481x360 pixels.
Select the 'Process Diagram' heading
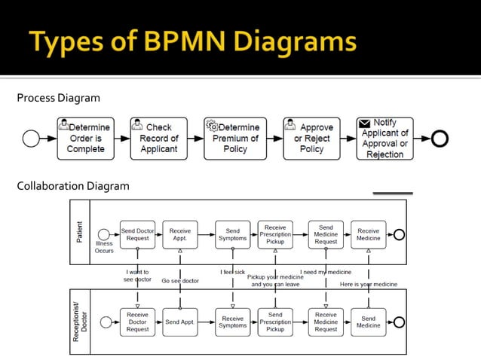click(x=58, y=98)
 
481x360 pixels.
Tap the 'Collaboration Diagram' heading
click(x=73, y=186)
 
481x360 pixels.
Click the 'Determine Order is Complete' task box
click(x=86, y=138)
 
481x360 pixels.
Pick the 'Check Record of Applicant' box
click(x=158, y=138)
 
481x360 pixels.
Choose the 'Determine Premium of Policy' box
click(x=234, y=138)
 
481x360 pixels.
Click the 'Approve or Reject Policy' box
click(x=311, y=138)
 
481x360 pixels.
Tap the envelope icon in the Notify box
click(x=365, y=123)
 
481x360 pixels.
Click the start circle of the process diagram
click(x=31, y=139)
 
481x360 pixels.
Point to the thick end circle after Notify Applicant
click(x=440, y=139)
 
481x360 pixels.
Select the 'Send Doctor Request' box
click(x=137, y=235)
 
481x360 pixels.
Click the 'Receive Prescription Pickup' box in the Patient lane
click(x=275, y=235)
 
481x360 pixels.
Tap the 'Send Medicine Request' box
click(x=326, y=235)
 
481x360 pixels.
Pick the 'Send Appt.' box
click(x=180, y=322)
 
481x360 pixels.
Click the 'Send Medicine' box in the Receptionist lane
click(x=369, y=322)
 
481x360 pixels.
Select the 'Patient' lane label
click(x=80, y=231)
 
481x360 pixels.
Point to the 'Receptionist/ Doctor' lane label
click(x=80, y=322)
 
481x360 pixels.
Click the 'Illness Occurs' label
click(x=104, y=247)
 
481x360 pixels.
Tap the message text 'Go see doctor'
click(x=180, y=281)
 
